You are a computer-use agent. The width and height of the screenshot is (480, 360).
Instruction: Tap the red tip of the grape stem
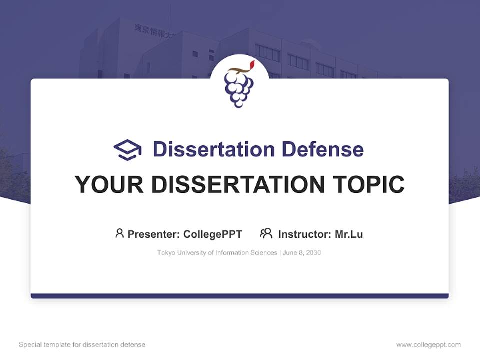[x=252, y=64]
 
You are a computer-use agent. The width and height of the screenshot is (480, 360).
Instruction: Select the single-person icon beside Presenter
[x=119, y=233]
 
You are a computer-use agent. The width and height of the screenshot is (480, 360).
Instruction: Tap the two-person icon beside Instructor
[x=266, y=233]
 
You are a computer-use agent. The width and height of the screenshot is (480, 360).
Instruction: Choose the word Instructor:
[x=305, y=234]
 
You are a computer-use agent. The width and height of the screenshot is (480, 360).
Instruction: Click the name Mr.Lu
[x=349, y=234]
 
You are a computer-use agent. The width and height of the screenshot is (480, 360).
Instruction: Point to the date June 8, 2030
[x=302, y=253]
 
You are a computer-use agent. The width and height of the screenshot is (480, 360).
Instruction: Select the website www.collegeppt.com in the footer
[x=428, y=345]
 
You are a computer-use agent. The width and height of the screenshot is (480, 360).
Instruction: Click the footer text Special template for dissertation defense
[x=82, y=345]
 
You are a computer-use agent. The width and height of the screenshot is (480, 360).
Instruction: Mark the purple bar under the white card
[x=240, y=296]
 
